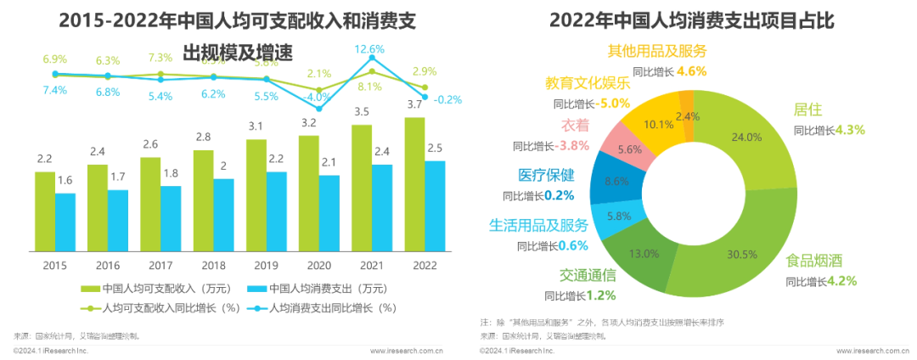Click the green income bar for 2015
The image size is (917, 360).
(44, 211)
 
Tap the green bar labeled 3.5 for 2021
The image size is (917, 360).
(362, 188)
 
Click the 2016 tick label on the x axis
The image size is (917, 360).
(108, 264)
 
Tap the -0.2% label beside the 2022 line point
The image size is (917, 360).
(447, 99)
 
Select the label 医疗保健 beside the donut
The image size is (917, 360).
(546, 175)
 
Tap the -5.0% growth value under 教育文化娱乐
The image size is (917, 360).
(613, 104)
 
